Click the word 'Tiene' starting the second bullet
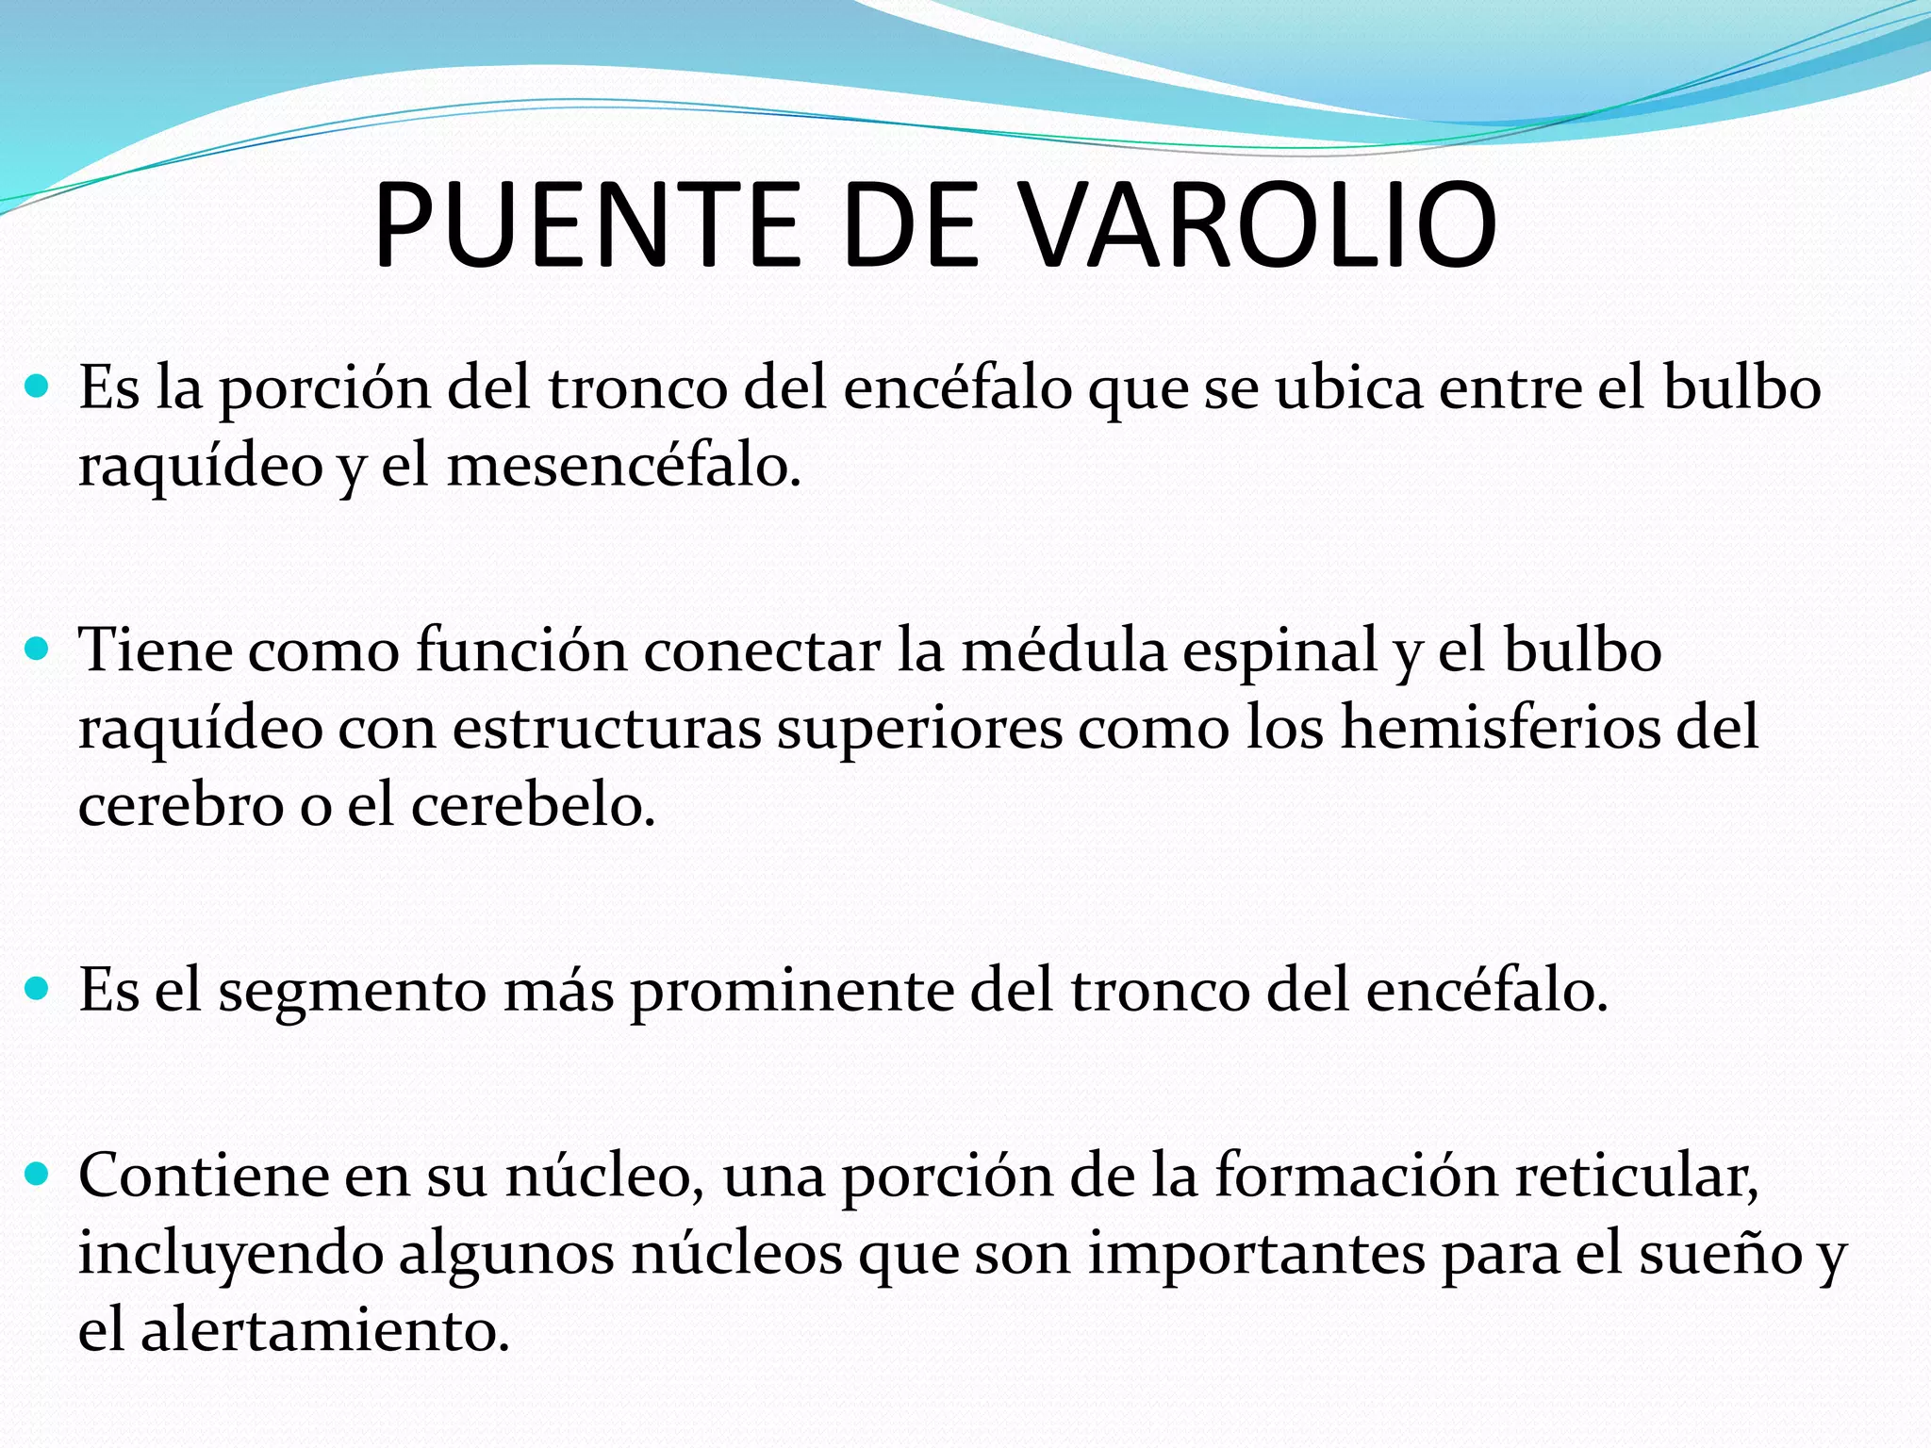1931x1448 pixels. [156, 650]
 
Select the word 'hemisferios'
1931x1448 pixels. [1498, 729]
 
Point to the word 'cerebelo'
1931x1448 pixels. [532, 806]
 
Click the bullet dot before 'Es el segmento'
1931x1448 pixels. [38, 989]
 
